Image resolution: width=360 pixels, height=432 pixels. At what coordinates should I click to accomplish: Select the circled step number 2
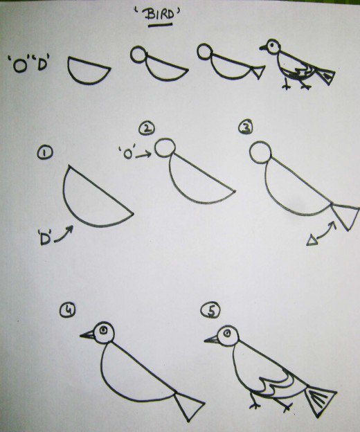(146, 129)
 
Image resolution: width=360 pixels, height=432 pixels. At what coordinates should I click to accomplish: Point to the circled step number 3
(244, 127)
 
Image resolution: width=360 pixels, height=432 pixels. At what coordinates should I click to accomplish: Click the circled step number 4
(68, 312)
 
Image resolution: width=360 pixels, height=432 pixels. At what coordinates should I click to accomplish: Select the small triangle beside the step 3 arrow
(312, 240)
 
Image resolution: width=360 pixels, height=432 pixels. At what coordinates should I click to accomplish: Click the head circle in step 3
(259, 153)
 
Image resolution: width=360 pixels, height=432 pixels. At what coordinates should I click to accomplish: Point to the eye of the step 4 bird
(104, 331)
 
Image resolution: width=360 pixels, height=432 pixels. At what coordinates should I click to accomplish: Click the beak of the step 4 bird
(87, 336)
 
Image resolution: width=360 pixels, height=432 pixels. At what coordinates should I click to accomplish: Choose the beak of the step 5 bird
(211, 340)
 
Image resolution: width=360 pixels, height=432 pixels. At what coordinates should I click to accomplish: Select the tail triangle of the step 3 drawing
(344, 214)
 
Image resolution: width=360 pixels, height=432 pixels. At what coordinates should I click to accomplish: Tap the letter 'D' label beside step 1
(43, 240)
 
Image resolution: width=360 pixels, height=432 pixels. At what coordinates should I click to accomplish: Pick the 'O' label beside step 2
(127, 154)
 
